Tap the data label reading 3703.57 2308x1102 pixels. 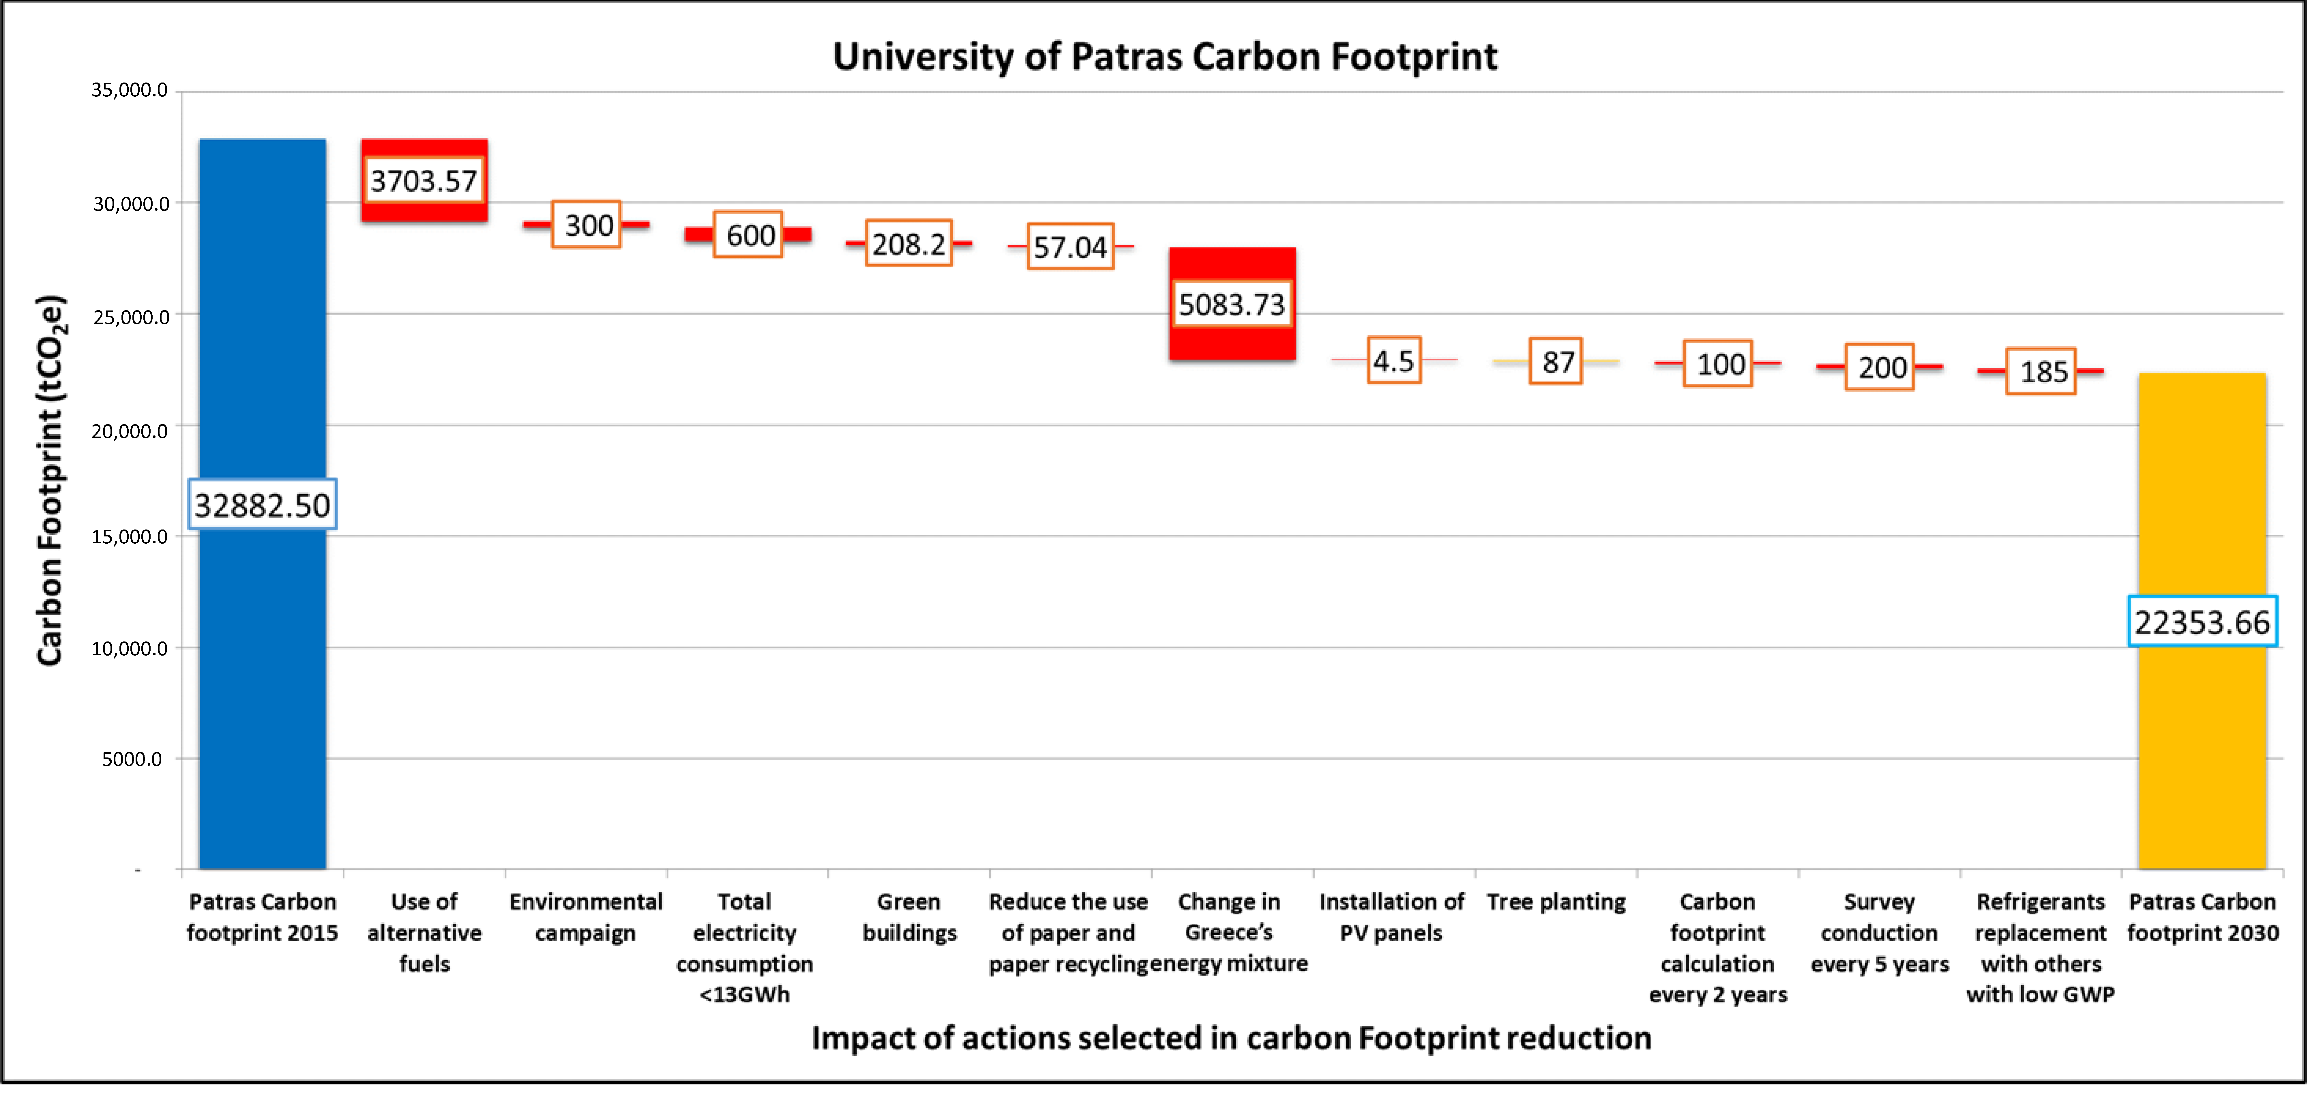(424, 181)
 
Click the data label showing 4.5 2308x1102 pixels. (1393, 361)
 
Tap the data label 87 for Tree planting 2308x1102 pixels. (1556, 362)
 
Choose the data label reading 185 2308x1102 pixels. (2041, 371)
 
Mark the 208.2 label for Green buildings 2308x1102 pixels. (908, 244)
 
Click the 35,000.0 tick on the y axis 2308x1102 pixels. (130, 89)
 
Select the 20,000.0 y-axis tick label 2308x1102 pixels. (130, 431)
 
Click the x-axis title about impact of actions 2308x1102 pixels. (1231, 1037)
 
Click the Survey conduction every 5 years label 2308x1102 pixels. (1879, 933)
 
